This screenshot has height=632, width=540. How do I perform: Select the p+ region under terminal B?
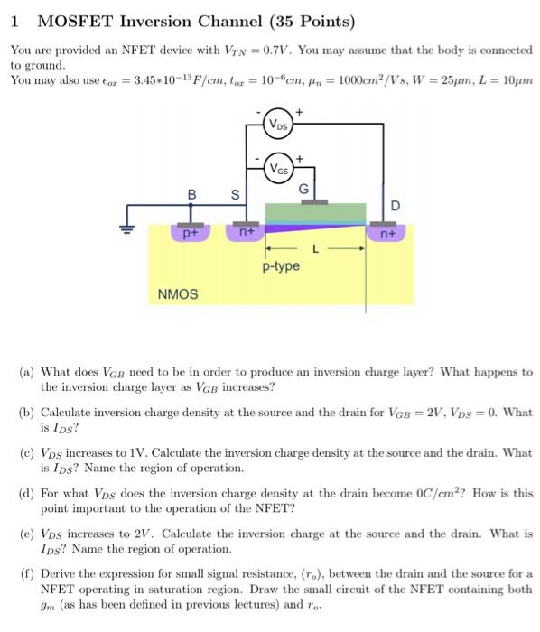pyautogui.click(x=191, y=232)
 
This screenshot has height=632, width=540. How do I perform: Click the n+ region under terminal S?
pyautogui.click(x=246, y=232)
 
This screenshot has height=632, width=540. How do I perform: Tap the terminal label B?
pyautogui.click(x=191, y=193)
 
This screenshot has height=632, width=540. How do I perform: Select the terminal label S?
pyautogui.click(x=236, y=193)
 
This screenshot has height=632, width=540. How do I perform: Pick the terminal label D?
pyautogui.click(x=395, y=207)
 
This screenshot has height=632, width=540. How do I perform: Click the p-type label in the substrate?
pyautogui.click(x=281, y=266)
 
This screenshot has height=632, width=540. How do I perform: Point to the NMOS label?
pyautogui.click(x=178, y=294)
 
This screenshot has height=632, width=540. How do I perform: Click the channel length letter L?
pyautogui.click(x=314, y=246)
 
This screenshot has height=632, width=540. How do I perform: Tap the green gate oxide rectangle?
pyautogui.click(x=315, y=213)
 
